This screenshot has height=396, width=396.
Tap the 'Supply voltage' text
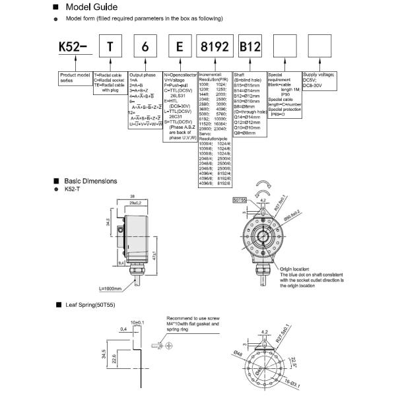318,78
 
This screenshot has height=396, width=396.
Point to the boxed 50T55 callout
239,199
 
